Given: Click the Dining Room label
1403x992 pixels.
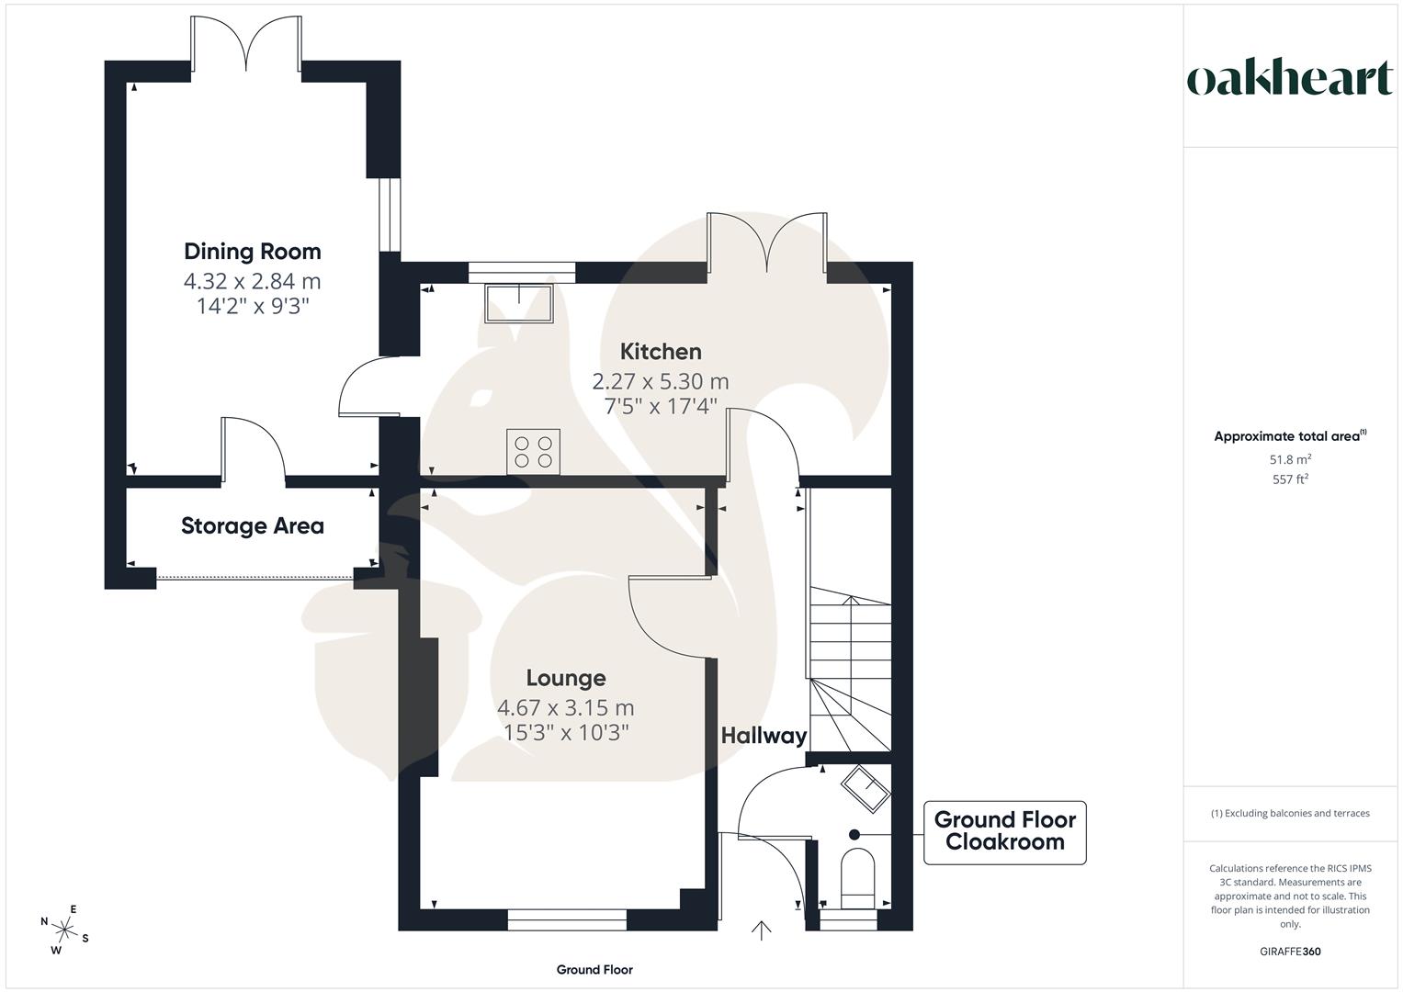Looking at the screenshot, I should click(253, 252).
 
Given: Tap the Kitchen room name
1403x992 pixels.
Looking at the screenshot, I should click(661, 352).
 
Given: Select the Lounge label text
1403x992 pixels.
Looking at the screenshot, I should click(566, 679).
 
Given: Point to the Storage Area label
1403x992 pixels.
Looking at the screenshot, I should click(253, 526).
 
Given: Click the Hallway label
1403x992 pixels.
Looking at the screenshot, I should click(764, 736).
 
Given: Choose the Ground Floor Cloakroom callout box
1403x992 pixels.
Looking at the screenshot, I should click(1004, 831).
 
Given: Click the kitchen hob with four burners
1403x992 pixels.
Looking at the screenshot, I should click(533, 452).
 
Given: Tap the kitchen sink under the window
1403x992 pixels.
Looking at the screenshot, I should click(519, 303).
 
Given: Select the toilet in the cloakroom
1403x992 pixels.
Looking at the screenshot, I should click(858, 878).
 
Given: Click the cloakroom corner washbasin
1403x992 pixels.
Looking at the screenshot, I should click(866, 787).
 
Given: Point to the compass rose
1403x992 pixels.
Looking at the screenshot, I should click(65, 929).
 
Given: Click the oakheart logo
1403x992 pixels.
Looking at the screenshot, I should click(1290, 79).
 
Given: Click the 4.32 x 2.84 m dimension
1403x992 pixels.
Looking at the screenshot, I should click(253, 281).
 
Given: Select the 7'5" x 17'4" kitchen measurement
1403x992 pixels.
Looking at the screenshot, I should click(661, 406).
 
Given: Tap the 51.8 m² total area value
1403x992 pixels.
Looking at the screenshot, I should click(1290, 459).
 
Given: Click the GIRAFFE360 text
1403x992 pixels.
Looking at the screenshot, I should click(1290, 952).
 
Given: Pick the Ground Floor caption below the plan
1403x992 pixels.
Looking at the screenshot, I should click(594, 970).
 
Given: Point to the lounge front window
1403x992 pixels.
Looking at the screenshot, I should click(567, 919).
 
